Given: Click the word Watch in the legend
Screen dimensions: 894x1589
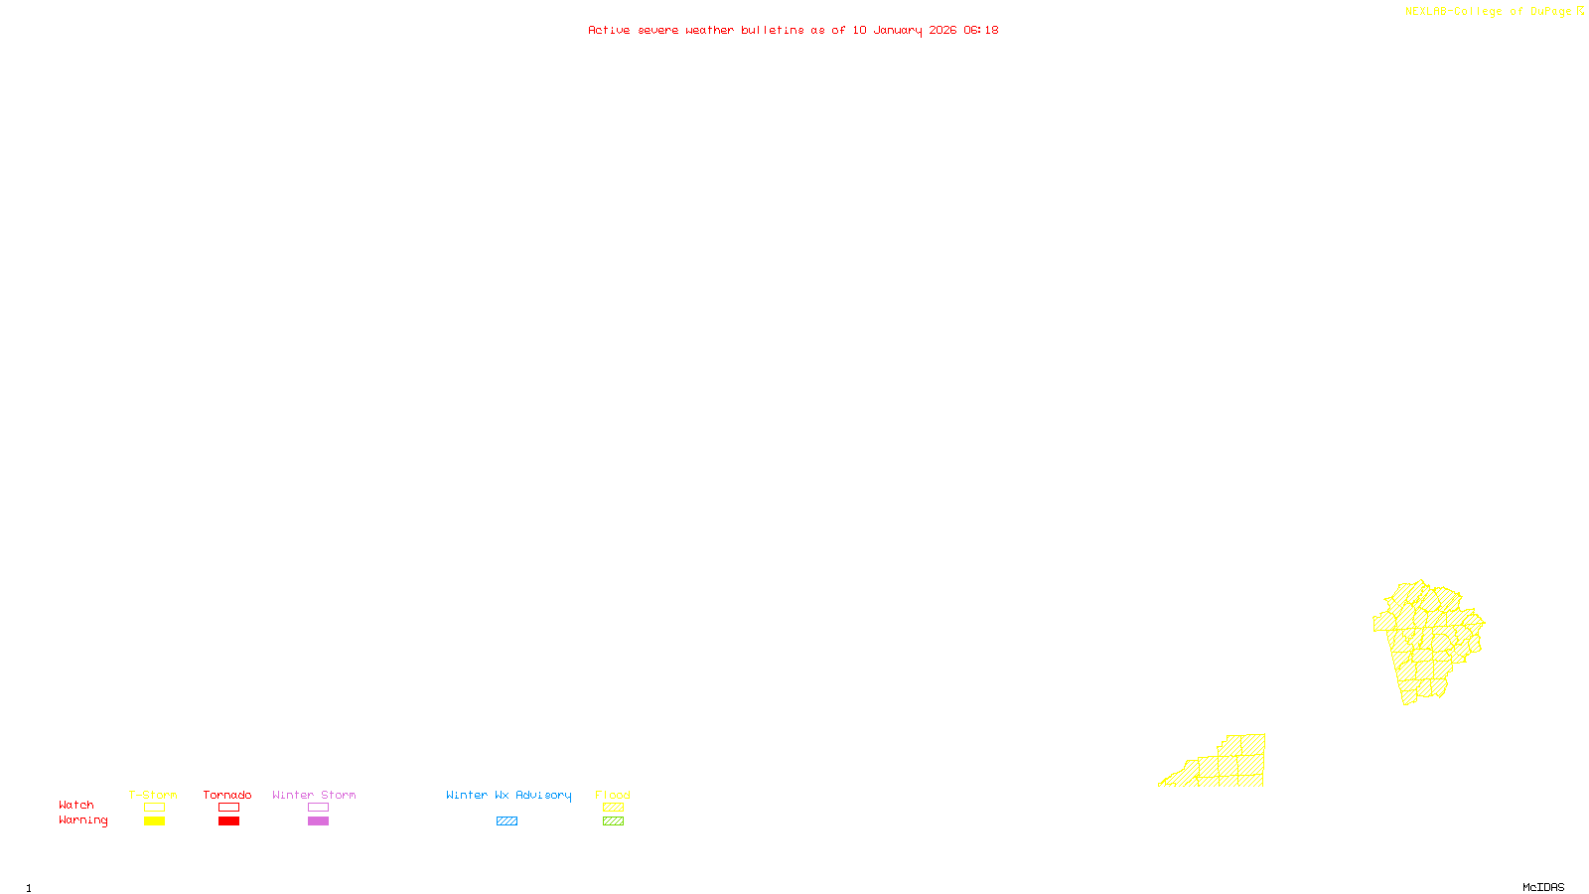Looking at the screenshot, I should coord(76,806).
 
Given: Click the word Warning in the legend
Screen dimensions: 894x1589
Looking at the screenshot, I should coord(82,820).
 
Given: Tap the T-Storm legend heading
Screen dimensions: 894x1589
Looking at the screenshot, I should coord(153,795).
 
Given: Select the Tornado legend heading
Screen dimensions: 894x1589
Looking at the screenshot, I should coord(227,795).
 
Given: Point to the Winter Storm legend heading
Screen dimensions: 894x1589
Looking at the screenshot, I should coord(314,795).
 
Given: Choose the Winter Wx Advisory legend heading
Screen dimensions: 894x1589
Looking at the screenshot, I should coord(508,795).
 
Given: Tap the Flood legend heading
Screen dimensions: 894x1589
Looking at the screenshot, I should coord(613,795).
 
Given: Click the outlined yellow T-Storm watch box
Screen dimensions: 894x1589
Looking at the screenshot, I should coord(154,808).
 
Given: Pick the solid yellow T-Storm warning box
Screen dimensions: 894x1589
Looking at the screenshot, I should coord(154,821).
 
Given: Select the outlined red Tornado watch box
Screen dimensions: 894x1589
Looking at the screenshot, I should coord(229,808).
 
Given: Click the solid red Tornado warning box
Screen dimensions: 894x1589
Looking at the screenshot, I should coord(229,821).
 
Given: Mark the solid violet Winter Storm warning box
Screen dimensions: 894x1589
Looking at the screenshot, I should coord(318,821).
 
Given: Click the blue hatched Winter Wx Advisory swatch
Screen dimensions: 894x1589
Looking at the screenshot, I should coord(506,821).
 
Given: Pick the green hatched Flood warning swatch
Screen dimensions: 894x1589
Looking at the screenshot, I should coord(613,821).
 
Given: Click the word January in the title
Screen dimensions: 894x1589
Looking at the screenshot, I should coord(898,31).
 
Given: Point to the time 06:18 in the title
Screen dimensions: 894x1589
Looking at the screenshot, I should coord(981,31).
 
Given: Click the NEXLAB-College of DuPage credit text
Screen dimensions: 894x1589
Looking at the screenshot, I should coord(1488,12).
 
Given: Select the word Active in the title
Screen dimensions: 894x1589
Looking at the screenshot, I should coord(609,31).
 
